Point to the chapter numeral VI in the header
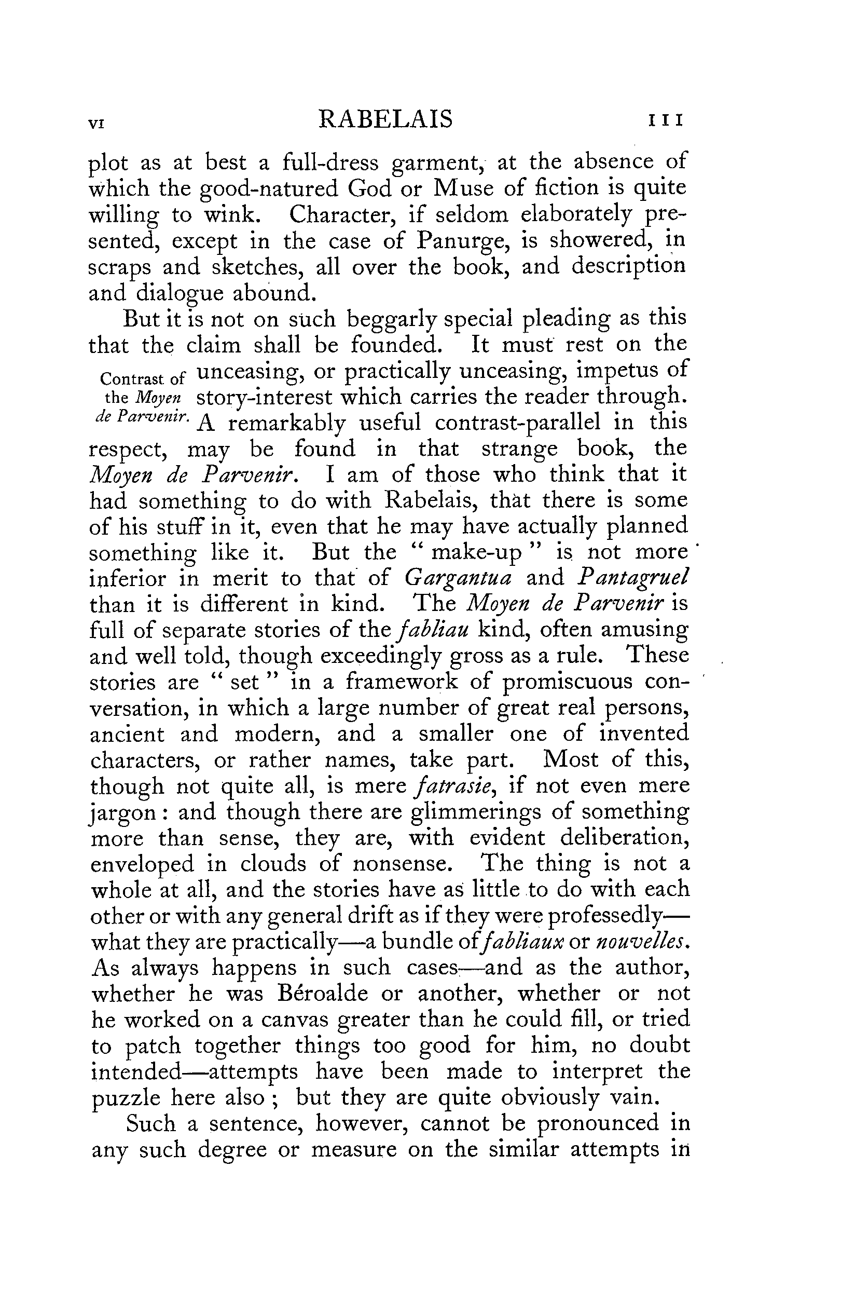96,124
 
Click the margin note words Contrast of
144,378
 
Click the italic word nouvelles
640,942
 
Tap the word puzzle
126,1098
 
